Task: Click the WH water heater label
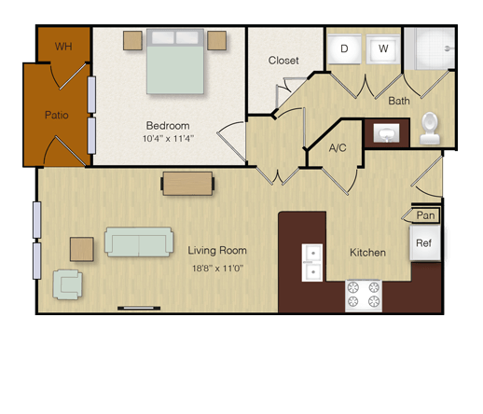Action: (63, 47)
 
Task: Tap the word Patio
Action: (57, 115)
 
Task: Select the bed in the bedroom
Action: (175, 62)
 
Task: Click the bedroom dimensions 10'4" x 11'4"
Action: (168, 138)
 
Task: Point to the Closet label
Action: (283, 61)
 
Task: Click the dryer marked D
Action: (344, 48)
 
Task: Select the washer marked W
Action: (383, 48)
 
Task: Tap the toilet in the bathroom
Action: (430, 129)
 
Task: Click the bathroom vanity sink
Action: (386, 133)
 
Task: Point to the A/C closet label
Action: (338, 148)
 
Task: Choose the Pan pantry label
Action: (425, 215)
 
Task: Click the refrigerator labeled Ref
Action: (425, 243)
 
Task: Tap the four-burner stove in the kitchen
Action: (364, 296)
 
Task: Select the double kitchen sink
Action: (312, 263)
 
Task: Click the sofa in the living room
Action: (139, 241)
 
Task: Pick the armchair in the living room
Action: (67, 284)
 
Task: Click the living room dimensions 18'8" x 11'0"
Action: (217, 268)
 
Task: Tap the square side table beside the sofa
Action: (82, 249)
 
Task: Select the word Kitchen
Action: (367, 253)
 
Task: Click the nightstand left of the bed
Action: (132, 40)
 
